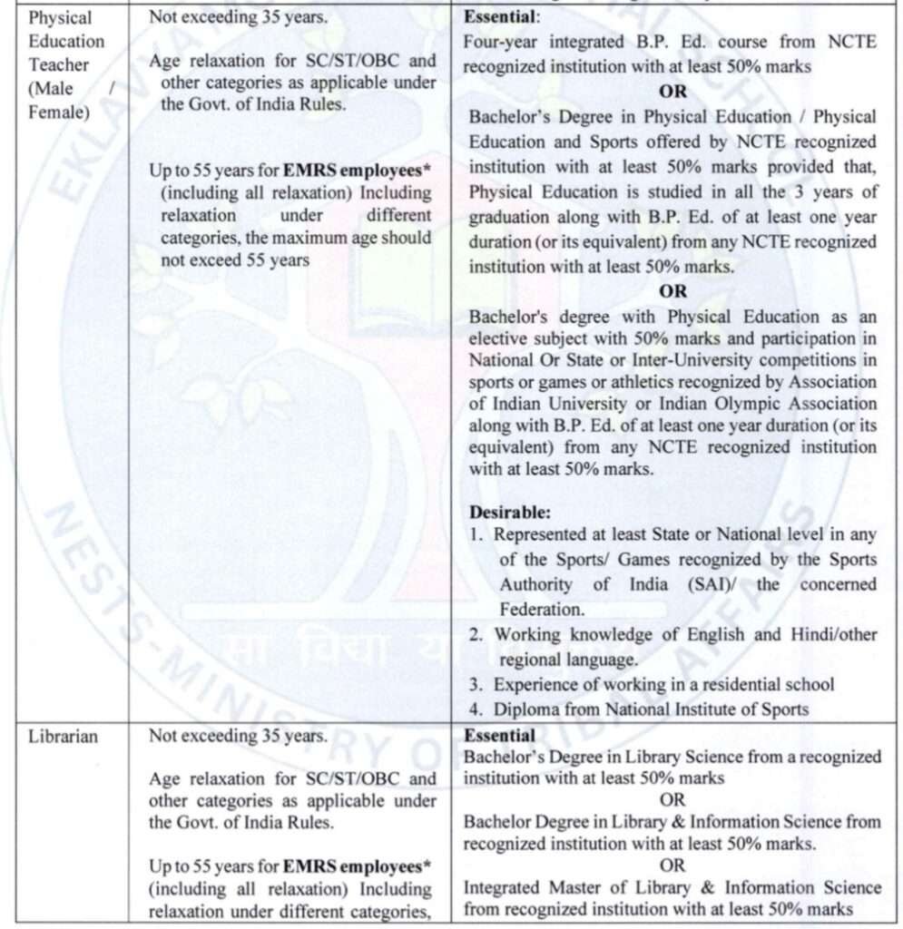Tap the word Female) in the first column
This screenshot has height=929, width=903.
tap(59, 114)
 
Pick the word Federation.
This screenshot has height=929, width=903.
tap(542, 609)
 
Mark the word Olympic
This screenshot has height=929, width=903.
tap(743, 404)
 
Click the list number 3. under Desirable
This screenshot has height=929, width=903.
tap(476, 685)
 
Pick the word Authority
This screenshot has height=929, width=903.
tap(535, 584)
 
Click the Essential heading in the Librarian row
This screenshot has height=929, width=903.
tap(499, 736)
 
